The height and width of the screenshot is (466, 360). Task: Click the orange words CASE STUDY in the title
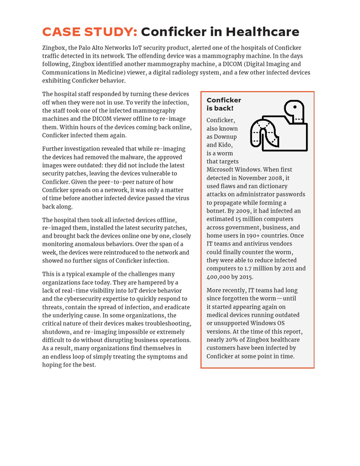click(89, 32)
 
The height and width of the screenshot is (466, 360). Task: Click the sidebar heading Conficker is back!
click(223, 104)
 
